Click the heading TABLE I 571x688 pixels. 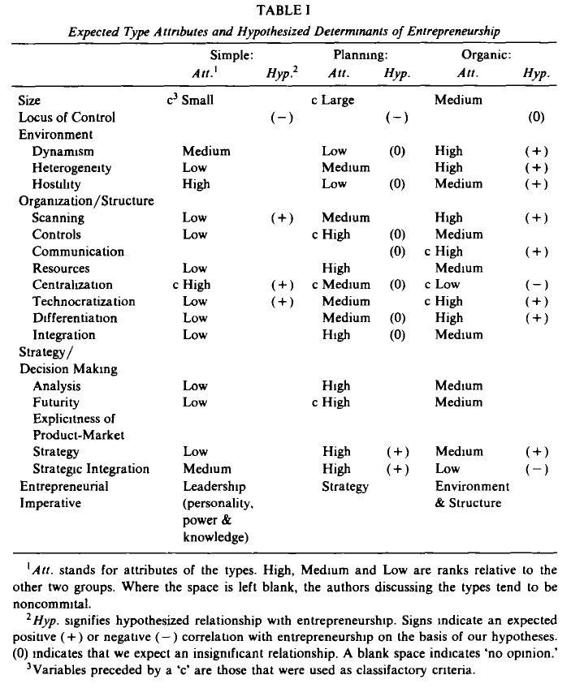(x=284, y=11)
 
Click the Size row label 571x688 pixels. (x=30, y=101)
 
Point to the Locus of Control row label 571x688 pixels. (x=67, y=117)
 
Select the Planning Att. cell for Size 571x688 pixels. (x=332, y=101)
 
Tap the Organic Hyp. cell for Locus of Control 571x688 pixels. (x=536, y=117)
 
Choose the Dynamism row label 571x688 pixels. (x=63, y=151)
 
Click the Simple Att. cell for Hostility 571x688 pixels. (x=197, y=184)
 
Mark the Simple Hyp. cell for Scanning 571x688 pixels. (x=281, y=217)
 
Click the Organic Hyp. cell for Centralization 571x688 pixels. (x=536, y=285)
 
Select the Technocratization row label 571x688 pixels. (x=84, y=302)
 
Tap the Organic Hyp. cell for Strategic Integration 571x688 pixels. (x=536, y=469)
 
